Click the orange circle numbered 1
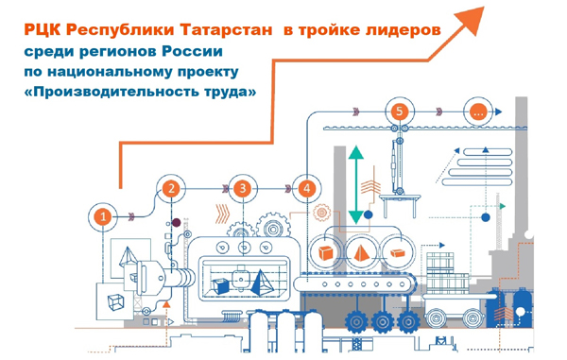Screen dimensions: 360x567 pos(105,216)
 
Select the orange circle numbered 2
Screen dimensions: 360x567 pos(171,188)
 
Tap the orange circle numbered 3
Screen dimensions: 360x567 pos(243,188)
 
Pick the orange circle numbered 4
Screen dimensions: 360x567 pos(305,188)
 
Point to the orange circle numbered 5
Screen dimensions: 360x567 pos(400,111)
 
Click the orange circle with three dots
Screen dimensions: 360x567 pos(478,111)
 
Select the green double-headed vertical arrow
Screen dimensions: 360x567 pos(356,184)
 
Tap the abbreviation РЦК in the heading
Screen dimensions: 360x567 pos(46,30)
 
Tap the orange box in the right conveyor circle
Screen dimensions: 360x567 pos(398,251)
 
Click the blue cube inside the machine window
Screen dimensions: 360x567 pos(237,280)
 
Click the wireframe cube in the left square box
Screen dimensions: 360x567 pos(115,301)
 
